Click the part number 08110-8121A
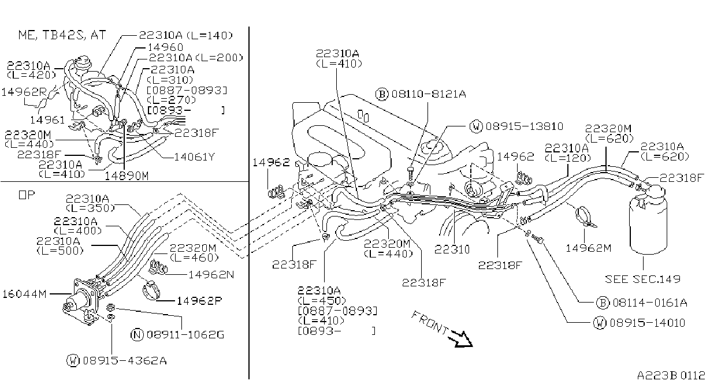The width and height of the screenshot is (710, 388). point(429,94)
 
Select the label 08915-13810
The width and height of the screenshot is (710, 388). point(524,126)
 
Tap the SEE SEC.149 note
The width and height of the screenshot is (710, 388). point(642,279)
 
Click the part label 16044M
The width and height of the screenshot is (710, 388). point(24,294)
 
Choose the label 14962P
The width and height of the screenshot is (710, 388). point(199,301)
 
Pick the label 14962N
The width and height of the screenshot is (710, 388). point(211,274)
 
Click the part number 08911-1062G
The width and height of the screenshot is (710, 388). point(185,334)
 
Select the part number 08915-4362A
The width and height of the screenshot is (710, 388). point(125,360)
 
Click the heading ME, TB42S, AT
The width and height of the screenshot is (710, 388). point(62,35)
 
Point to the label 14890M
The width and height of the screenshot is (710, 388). point(127,176)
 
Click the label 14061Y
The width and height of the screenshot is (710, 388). point(195,157)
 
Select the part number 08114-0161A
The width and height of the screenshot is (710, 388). point(650,303)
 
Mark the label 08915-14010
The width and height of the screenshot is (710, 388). point(648,323)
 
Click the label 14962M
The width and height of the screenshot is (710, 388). point(589,248)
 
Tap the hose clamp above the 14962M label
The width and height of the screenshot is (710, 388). point(585,217)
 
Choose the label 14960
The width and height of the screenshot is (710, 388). point(165,47)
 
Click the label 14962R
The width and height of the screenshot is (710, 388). point(24,92)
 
